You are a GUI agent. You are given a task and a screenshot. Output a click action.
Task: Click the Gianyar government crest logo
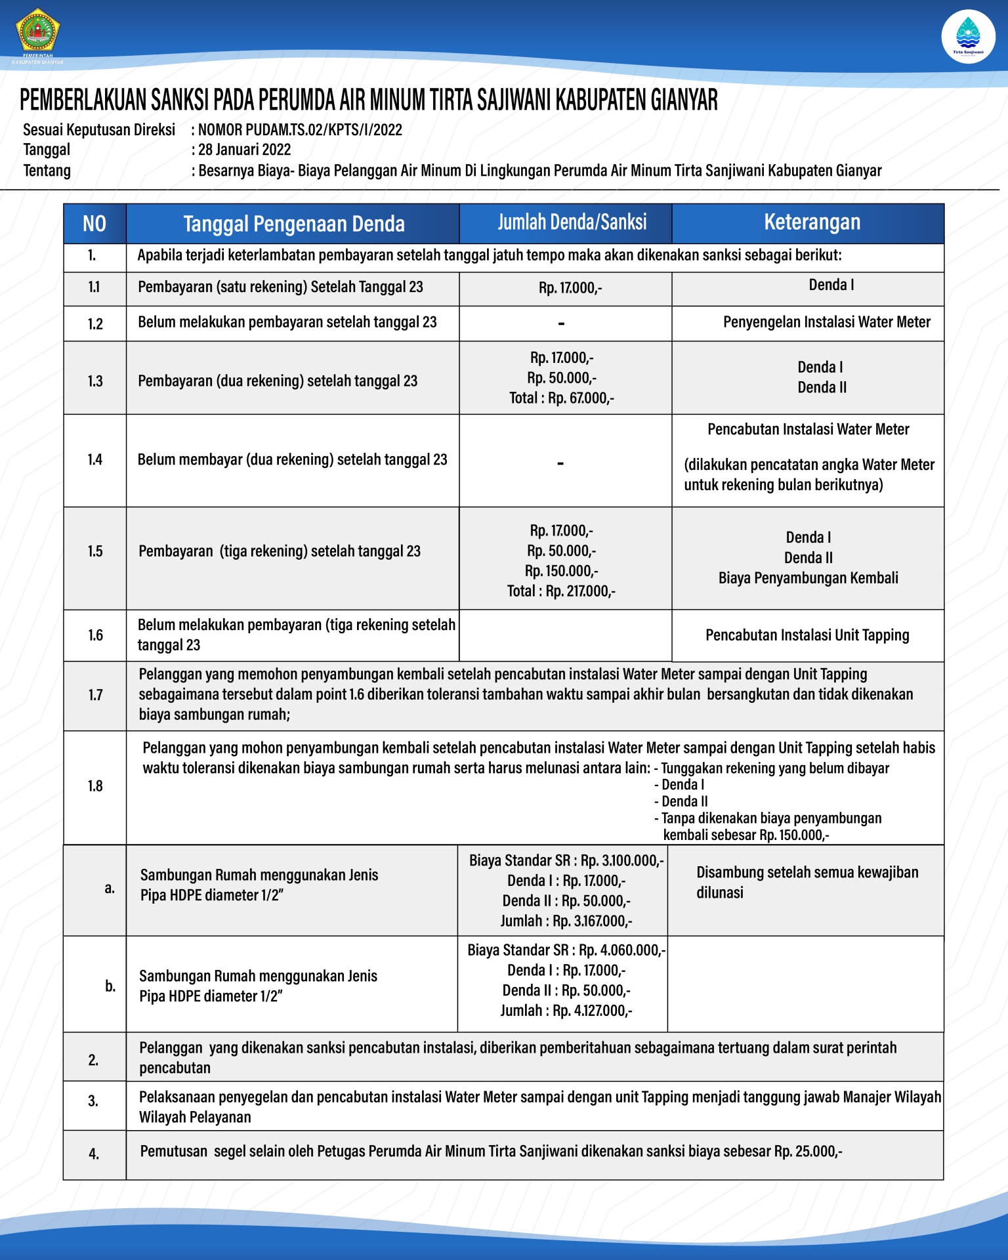click(x=37, y=31)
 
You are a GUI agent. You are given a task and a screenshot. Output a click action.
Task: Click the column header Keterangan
click(x=812, y=222)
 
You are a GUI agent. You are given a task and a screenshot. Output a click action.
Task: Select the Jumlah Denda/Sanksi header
click(x=572, y=222)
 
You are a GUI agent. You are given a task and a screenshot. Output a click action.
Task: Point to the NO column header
click(x=94, y=224)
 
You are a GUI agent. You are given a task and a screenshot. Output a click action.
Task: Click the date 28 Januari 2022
click(x=244, y=150)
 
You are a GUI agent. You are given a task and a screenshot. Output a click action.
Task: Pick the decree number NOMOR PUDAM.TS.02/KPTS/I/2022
click(x=300, y=130)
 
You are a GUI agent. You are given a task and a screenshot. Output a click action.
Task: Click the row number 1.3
click(x=95, y=381)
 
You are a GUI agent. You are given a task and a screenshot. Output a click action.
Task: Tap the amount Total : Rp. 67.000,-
click(x=562, y=398)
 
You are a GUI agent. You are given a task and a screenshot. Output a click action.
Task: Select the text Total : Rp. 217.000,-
click(x=561, y=591)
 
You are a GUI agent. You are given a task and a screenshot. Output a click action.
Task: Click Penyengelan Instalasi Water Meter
click(x=826, y=322)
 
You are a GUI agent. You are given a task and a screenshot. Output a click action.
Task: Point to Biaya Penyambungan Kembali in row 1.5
click(x=808, y=578)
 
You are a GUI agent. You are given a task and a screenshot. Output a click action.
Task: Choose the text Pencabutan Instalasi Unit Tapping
click(x=807, y=635)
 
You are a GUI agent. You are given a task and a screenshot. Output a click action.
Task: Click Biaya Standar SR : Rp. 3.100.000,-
click(x=566, y=860)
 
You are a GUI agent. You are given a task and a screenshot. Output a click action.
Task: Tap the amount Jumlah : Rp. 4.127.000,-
click(x=566, y=1011)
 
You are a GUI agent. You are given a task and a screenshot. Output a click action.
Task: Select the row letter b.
click(x=110, y=986)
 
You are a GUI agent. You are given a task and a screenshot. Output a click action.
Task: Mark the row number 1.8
click(x=95, y=786)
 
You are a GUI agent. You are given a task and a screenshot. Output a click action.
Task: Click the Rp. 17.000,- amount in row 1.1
click(x=570, y=288)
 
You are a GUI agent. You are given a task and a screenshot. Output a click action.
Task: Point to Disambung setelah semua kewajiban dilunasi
click(x=807, y=882)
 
